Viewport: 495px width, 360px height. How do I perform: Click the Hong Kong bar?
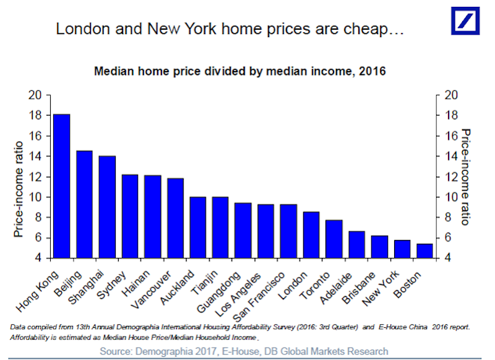click(x=62, y=186)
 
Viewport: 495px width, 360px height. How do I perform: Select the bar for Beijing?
click(x=84, y=204)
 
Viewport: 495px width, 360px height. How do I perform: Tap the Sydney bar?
click(x=130, y=216)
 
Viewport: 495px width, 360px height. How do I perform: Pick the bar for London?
click(x=311, y=234)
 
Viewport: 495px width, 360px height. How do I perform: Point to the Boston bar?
click(x=424, y=251)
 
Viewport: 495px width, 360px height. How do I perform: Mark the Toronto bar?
click(x=334, y=239)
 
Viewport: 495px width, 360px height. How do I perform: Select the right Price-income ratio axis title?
click(x=467, y=177)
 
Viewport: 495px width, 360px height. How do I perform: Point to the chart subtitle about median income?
click(x=239, y=71)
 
